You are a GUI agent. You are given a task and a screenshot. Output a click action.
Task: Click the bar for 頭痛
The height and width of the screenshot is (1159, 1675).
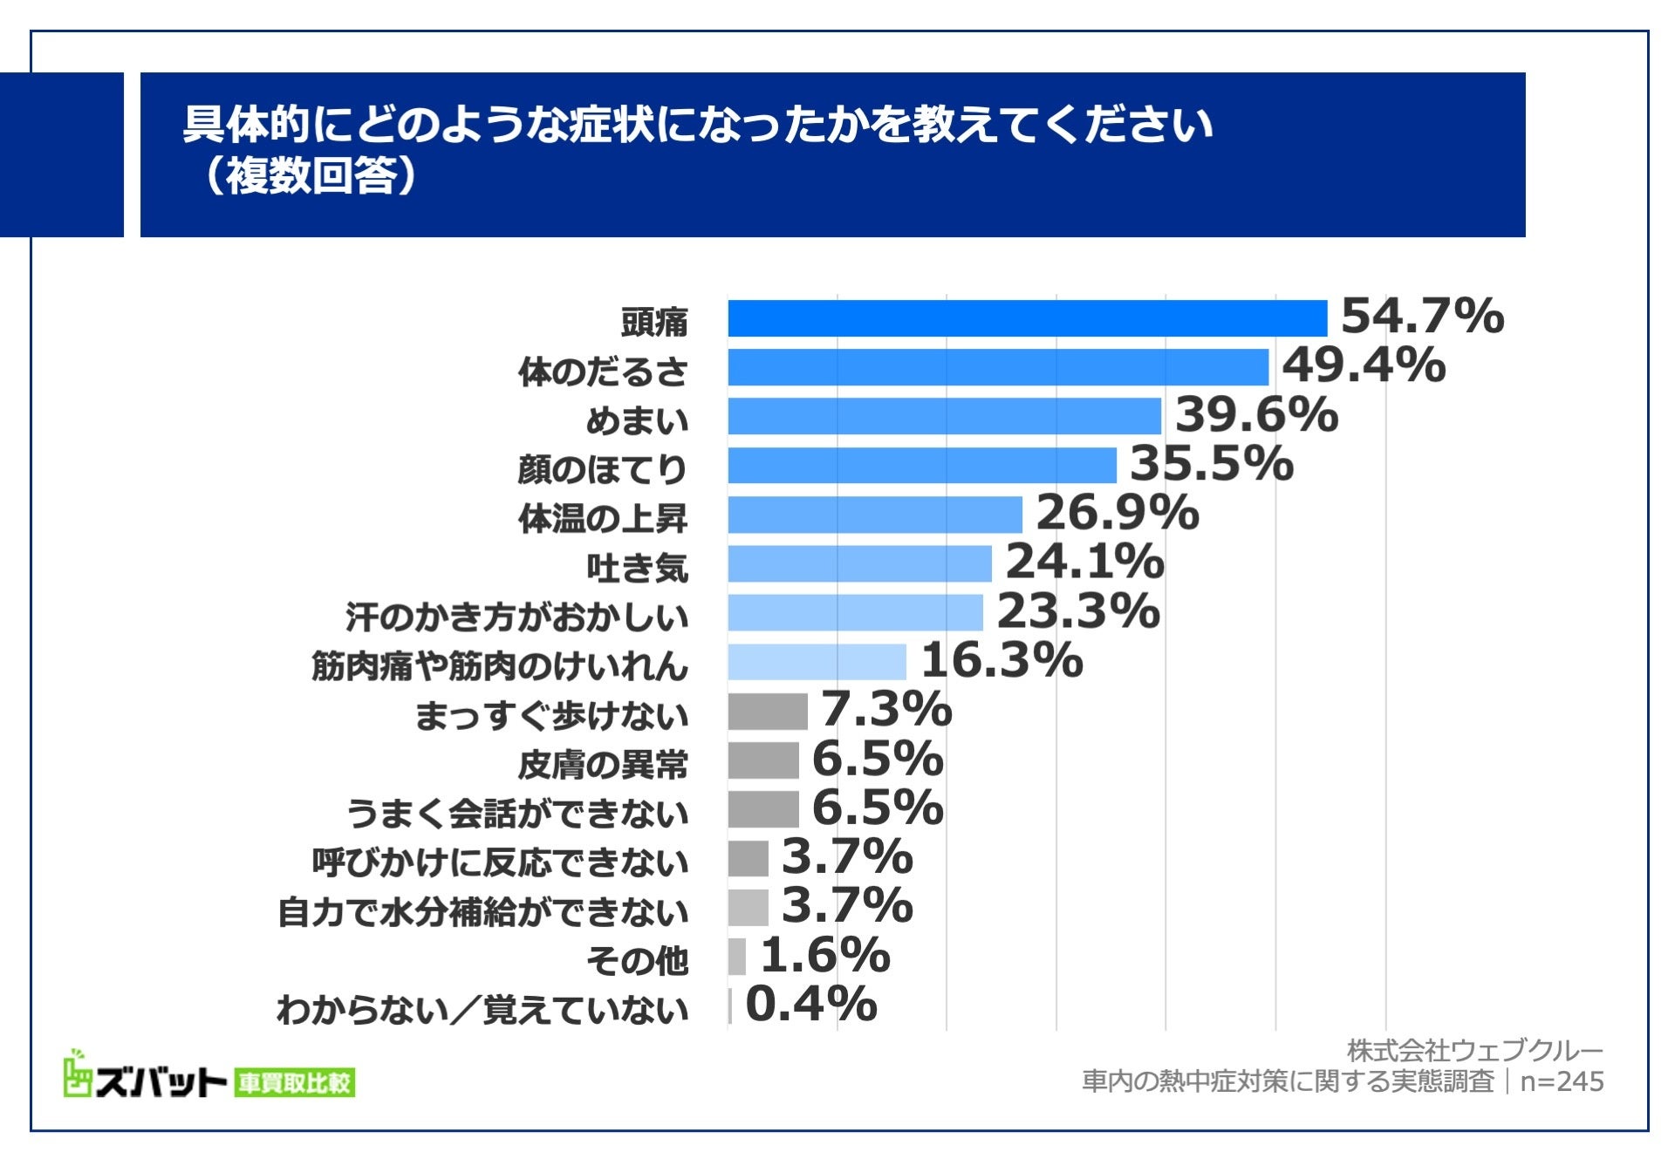pos(1027,318)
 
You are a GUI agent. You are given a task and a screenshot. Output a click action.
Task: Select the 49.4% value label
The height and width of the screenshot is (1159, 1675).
pos(1363,365)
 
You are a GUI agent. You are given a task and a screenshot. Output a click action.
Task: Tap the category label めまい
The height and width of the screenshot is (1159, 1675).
pos(636,421)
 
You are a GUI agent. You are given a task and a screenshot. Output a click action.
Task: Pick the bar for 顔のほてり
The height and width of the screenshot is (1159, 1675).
pos(921,465)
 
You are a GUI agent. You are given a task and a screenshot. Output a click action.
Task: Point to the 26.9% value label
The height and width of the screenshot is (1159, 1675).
pos(1117,512)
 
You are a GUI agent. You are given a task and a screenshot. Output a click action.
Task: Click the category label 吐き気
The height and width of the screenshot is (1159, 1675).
pos(637,569)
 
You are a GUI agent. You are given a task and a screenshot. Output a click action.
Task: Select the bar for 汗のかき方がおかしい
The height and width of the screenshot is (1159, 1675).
pos(855,612)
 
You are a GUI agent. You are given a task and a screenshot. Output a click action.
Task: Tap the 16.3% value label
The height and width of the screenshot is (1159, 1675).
pos(1002,659)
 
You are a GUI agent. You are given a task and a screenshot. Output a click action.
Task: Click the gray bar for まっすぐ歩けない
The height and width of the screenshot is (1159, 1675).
pos(768,711)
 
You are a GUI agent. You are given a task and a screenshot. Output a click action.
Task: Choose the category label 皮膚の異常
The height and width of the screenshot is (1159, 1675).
pos(602,765)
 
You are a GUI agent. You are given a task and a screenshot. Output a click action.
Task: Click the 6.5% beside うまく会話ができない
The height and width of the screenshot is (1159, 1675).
pos(877,807)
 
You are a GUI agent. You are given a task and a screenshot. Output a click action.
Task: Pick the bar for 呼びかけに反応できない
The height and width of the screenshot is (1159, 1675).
pos(748,858)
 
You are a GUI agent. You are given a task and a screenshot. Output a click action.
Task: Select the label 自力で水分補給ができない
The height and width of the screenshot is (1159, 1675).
pos(482,912)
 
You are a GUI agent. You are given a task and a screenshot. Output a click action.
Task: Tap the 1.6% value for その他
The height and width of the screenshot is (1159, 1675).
pos(824,955)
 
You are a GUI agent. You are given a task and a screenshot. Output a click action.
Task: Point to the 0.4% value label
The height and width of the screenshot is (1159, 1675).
pos(810,1004)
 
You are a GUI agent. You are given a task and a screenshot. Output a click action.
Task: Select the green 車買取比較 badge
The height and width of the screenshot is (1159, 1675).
pos(295,1083)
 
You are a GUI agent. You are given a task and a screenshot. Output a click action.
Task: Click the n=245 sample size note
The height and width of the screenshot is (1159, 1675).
pos(1562,1081)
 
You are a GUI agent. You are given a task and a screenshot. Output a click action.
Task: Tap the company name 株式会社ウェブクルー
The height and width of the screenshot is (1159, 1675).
pos(1474,1051)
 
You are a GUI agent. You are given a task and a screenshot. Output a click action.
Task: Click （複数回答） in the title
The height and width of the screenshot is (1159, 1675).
pos(310,176)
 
